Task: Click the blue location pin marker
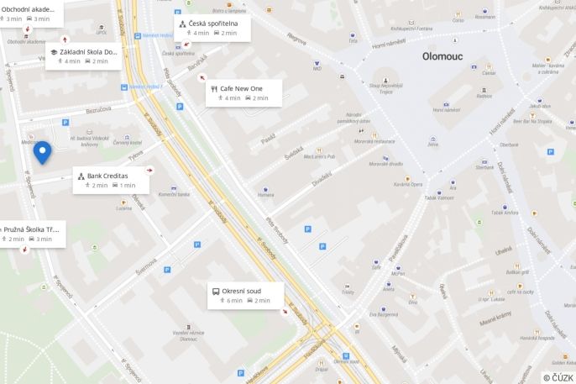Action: (x=42, y=152)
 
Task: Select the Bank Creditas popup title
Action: (x=107, y=176)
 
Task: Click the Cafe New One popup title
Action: (x=242, y=88)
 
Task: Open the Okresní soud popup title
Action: (x=242, y=291)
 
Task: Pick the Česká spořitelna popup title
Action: (x=213, y=24)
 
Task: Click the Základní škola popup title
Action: (x=88, y=52)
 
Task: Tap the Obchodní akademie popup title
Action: (x=30, y=9)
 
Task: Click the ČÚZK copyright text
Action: (x=558, y=377)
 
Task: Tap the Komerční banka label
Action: (x=174, y=194)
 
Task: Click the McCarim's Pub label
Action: (x=319, y=155)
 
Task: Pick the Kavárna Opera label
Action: (x=408, y=183)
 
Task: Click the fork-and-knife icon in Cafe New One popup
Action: (x=214, y=88)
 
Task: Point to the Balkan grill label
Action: (x=518, y=272)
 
